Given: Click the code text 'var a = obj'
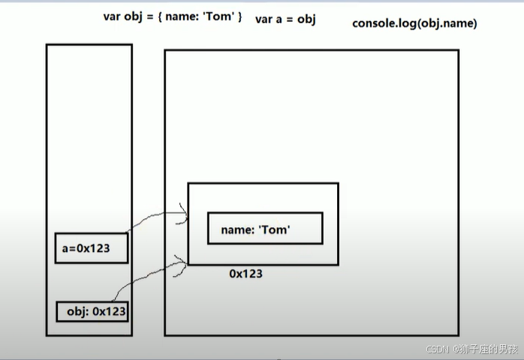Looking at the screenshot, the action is click(x=285, y=19).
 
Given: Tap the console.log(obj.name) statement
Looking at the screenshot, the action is click(x=414, y=23).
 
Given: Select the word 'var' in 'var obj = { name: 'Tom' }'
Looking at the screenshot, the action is click(x=112, y=16).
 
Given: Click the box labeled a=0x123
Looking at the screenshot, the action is click(x=92, y=248).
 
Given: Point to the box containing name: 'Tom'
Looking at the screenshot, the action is click(x=265, y=228).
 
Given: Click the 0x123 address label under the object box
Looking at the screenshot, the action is click(x=246, y=274).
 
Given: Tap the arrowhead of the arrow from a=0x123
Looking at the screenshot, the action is click(x=184, y=214).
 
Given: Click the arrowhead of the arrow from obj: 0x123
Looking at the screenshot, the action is click(x=183, y=259).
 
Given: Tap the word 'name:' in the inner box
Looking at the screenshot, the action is click(x=237, y=229).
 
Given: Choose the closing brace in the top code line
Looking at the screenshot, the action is click(x=239, y=16).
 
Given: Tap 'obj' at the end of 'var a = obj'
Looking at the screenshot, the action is click(x=306, y=19).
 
